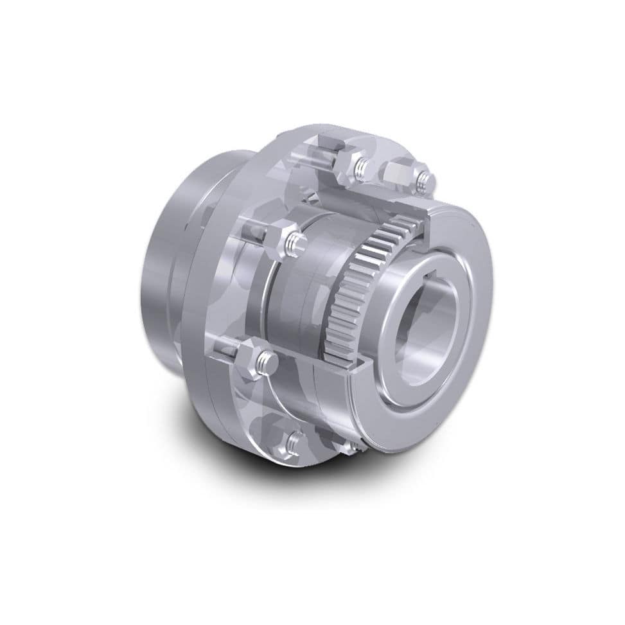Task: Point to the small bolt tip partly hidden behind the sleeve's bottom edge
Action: tap(353, 443)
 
